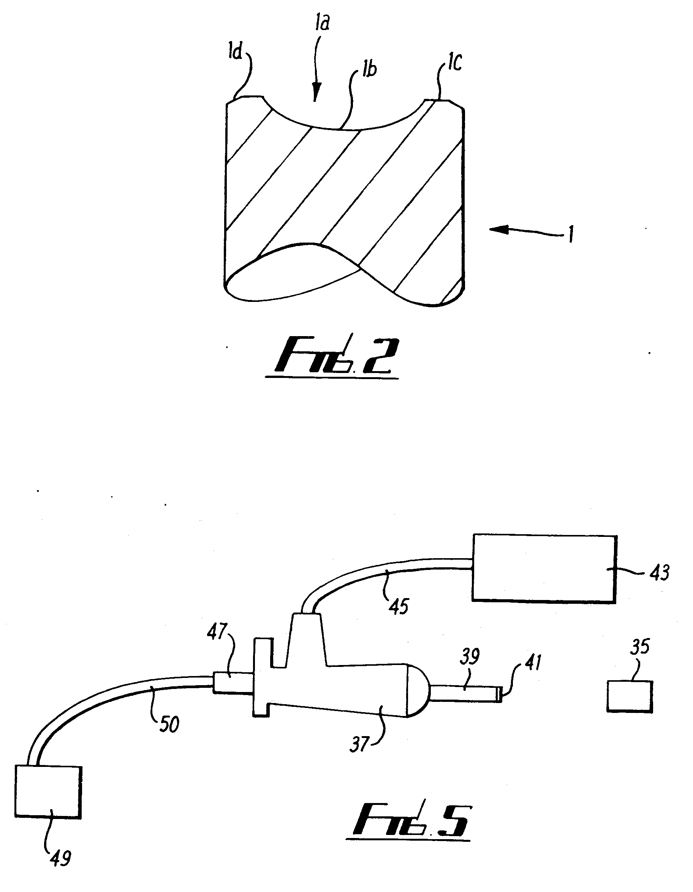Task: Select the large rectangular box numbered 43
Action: [544, 568]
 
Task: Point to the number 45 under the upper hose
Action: [398, 606]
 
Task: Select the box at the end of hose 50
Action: [48, 791]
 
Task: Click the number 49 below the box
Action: [60, 858]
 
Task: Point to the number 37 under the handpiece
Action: [359, 745]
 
